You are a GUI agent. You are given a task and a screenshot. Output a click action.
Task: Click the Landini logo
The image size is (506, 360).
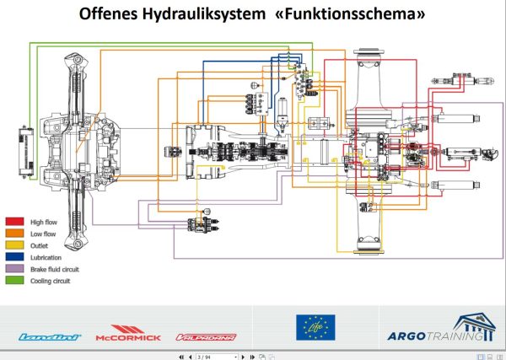pos(50,336)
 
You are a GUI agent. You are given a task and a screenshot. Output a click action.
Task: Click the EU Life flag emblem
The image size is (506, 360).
pos(315,328)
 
